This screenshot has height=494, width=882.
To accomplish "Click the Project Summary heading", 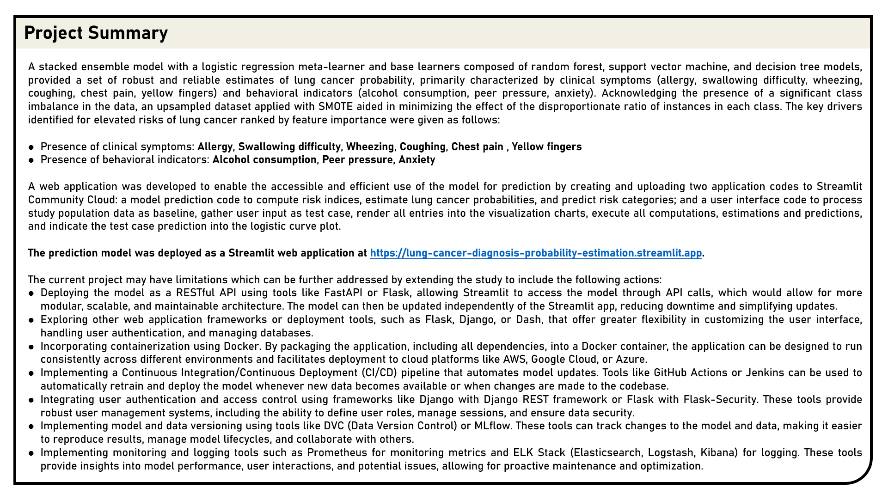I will click(x=96, y=33).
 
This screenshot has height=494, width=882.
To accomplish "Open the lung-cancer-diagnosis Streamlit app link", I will click(x=535, y=253).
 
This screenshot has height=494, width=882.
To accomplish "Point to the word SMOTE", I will click(x=336, y=107).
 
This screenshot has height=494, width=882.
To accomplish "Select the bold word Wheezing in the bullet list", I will click(x=370, y=147).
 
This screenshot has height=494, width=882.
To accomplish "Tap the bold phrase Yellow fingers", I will click(x=546, y=147).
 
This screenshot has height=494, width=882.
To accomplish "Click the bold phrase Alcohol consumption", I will click(x=264, y=160).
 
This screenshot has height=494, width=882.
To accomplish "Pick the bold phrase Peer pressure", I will click(x=357, y=160).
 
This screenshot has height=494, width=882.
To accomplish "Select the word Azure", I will click(x=631, y=360).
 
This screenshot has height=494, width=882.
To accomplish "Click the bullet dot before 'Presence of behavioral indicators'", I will click(x=31, y=160).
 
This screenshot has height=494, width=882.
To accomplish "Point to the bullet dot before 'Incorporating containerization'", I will click(x=31, y=347).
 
